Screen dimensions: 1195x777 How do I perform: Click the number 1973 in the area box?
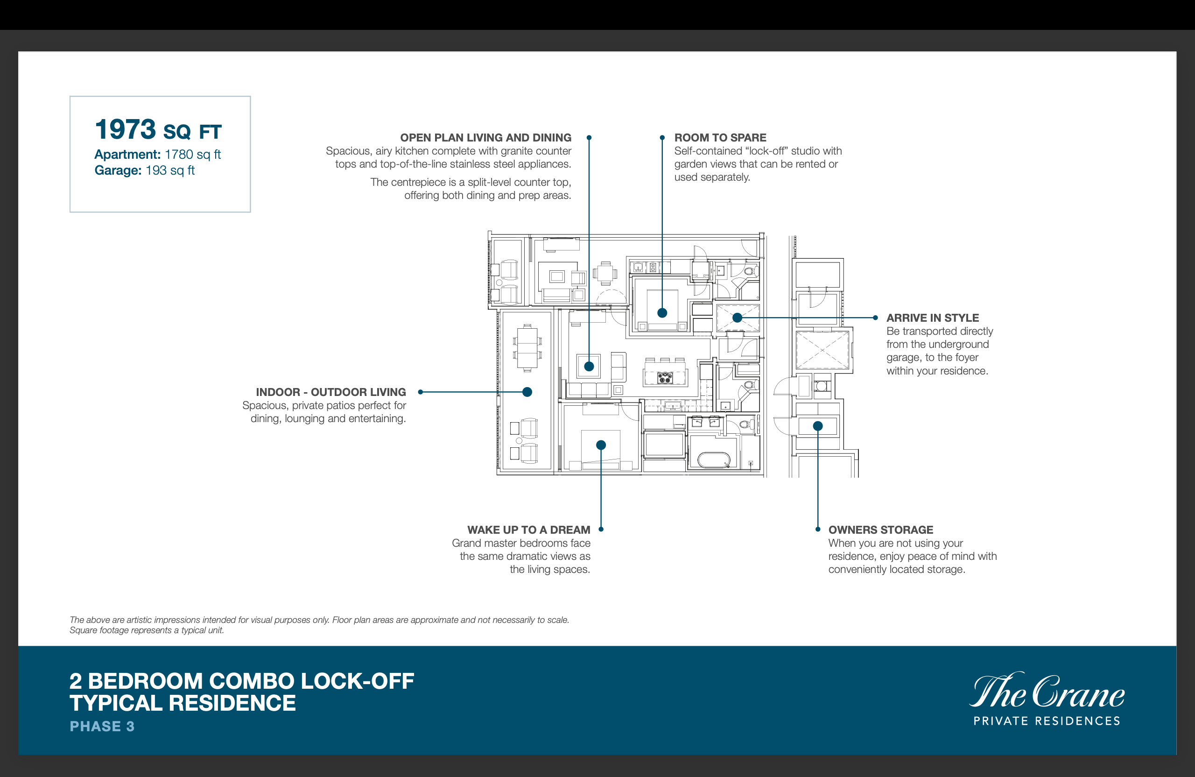click(126, 130)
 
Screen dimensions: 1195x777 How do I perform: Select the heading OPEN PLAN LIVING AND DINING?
click(485, 138)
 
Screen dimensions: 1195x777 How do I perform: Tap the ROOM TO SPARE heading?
click(720, 138)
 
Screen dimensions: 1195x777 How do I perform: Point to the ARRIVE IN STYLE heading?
click(932, 318)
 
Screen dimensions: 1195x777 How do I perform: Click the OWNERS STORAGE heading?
click(881, 530)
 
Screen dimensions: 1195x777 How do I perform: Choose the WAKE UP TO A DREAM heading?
click(529, 530)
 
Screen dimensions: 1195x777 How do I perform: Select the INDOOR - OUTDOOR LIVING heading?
click(331, 392)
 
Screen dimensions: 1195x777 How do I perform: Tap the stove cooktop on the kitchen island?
click(665, 378)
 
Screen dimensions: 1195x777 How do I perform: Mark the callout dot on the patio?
click(527, 392)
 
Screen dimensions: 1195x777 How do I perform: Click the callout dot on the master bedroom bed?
click(601, 445)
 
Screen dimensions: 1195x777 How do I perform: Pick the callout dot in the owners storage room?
click(818, 426)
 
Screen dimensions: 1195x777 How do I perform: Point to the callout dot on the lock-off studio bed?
click(662, 313)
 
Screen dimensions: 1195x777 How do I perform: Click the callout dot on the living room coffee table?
click(589, 366)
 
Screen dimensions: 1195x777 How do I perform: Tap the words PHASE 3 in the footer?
click(102, 726)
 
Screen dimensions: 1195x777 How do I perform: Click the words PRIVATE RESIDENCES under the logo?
click(1047, 721)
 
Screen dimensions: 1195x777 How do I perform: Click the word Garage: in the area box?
click(118, 171)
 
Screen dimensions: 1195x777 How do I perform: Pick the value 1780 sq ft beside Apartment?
click(193, 155)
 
